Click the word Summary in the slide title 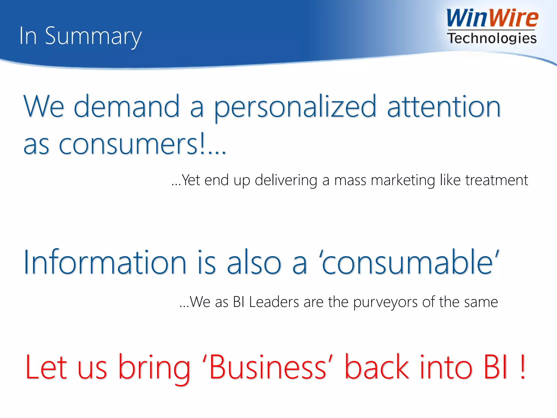93,37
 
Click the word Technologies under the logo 492,38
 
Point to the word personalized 295,107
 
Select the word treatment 497,180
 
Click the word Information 105,262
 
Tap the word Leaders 274,302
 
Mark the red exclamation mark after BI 522,367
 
